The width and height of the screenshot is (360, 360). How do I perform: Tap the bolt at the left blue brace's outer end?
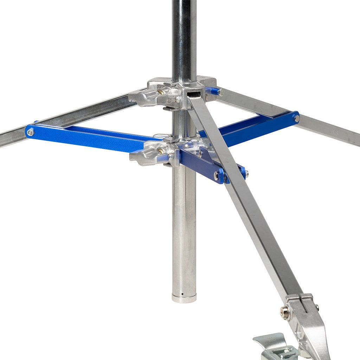(31, 132)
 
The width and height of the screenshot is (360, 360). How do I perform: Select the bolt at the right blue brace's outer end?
(296, 118)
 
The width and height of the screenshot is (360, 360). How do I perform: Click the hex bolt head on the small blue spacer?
(221, 92)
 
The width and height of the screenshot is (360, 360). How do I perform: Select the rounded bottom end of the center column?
(184, 298)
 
